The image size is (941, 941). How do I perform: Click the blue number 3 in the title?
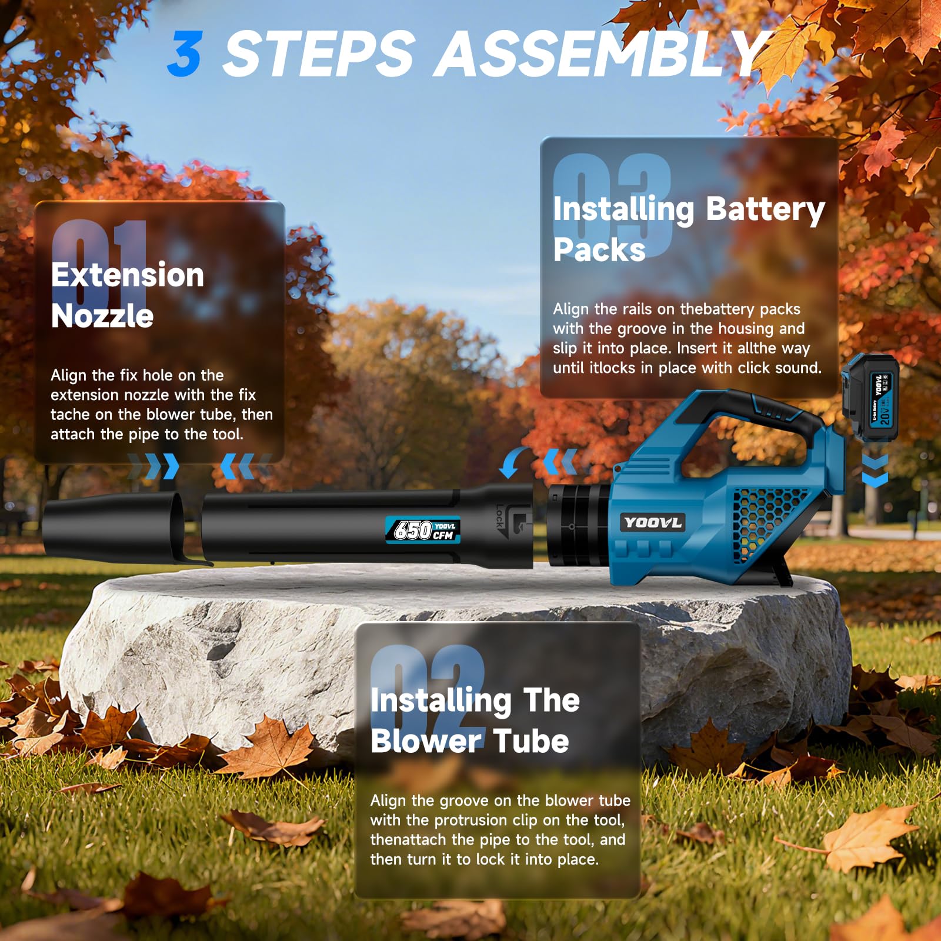185,54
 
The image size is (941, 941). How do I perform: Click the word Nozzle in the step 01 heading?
102,316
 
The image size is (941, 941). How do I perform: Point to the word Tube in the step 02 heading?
531,740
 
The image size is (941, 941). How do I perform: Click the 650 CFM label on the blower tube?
423,530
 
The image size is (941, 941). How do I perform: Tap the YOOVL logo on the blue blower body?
652,522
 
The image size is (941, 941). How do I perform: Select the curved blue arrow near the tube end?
512,462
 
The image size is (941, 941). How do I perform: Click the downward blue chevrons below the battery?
875,469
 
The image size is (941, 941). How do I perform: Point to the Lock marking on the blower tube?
500,516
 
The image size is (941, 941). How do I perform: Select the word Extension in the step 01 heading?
128,275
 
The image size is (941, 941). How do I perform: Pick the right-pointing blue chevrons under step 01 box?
154,466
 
